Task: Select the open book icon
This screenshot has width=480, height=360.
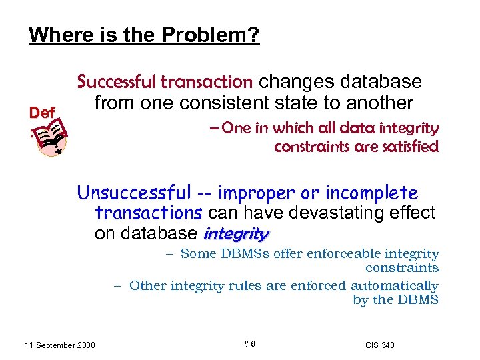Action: (x=52, y=136)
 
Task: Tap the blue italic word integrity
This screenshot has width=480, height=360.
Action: (x=235, y=234)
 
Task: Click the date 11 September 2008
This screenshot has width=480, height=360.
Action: (x=59, y=345)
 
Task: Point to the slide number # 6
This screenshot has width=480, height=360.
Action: (x=249, y=344)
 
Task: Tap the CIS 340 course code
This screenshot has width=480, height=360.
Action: (x=380, y=345)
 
